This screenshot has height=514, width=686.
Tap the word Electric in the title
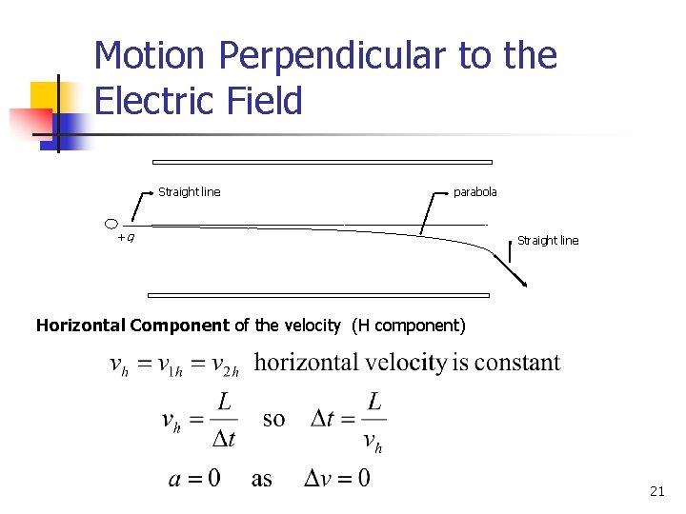153,101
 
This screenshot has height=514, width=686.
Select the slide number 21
656,491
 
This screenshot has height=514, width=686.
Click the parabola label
474,192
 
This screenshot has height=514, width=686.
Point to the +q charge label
125,237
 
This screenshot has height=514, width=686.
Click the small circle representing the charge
111,224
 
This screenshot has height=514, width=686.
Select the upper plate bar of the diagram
322,162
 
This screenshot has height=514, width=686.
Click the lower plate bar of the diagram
319,295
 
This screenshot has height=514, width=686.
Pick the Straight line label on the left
189,192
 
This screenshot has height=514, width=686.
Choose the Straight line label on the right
547,241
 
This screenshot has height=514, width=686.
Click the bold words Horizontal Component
132,326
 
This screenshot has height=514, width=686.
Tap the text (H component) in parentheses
408,326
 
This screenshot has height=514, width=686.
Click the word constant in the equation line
517,363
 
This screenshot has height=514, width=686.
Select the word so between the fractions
273,419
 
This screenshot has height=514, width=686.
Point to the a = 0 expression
194,477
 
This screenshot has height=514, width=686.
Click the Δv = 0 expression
336,477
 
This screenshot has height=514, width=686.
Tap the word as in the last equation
262,479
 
